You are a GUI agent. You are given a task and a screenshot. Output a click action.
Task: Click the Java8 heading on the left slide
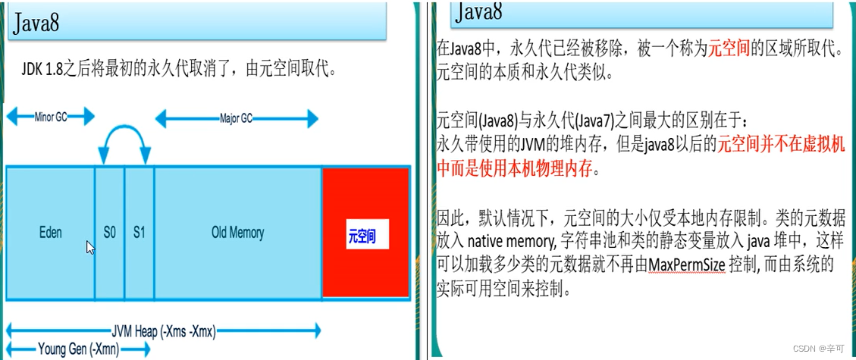point(36,23)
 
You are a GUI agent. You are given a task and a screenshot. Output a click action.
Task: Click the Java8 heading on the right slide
point(479,12)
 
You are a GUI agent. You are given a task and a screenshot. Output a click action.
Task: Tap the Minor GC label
point(51,117)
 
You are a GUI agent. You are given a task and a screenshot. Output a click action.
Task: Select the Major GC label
point(237,118)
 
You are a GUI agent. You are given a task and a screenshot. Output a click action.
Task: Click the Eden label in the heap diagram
point(51,233)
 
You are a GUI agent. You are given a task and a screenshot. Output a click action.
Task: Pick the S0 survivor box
point(110,233)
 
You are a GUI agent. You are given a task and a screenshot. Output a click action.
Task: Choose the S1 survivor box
point(139,233)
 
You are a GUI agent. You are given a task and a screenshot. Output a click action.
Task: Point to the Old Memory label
point(237,233)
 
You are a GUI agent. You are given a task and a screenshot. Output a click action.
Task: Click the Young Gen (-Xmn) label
point(73,349)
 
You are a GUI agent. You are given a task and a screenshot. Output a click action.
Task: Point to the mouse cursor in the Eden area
point(89,247)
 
